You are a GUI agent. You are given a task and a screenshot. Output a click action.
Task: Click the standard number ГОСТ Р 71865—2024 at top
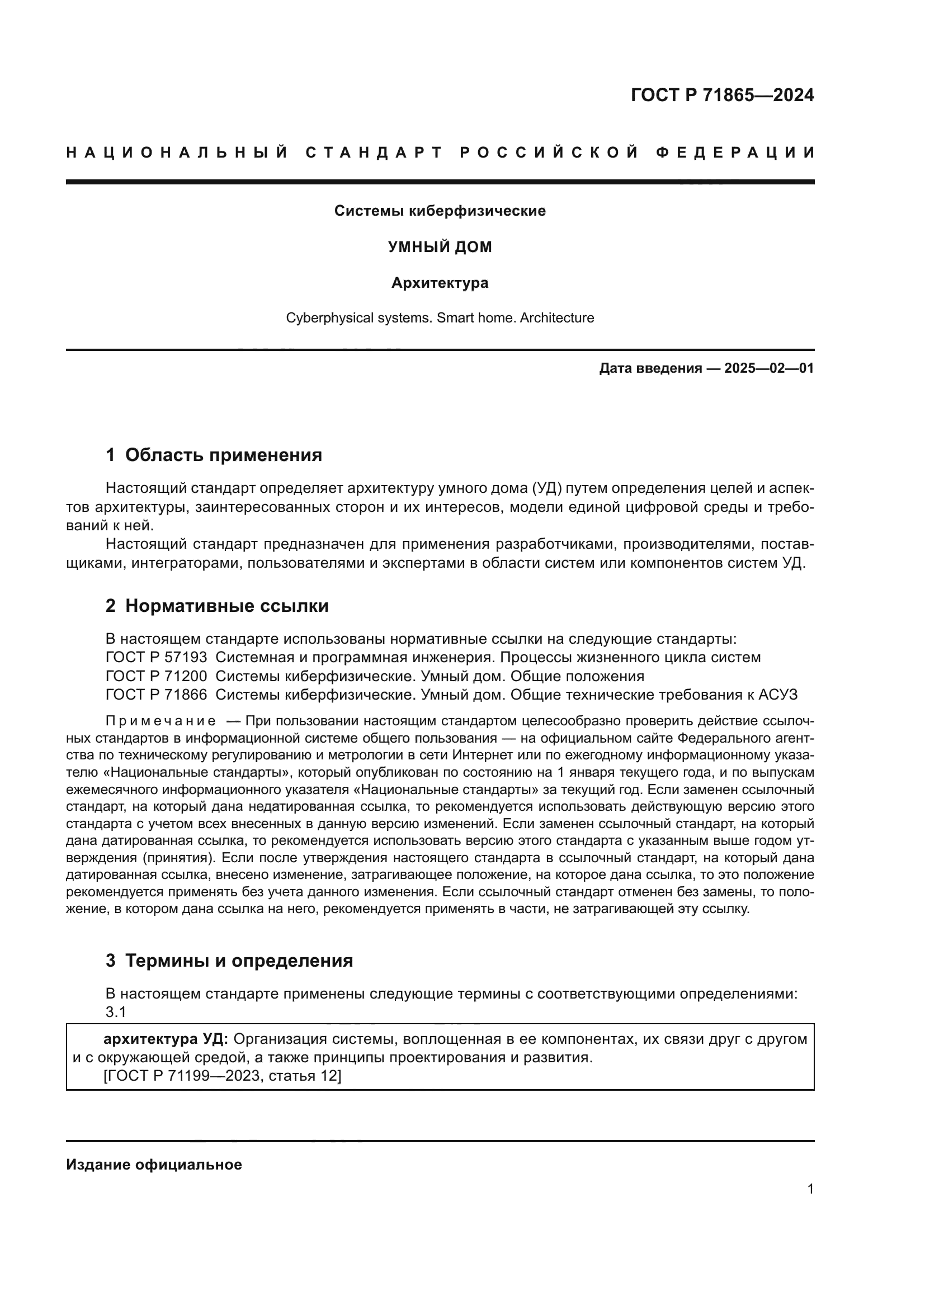tap(721, 95)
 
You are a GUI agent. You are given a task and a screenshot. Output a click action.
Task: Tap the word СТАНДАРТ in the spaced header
tap(374, 153)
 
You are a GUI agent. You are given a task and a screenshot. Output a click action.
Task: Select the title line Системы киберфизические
tap(440, 211)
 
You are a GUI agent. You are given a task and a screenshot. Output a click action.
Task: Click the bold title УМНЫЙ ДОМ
tap(440, 247)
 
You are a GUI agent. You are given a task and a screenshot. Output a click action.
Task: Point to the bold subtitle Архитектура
tap(440, 283)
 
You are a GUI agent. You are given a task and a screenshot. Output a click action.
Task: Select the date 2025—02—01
tap(768, 368)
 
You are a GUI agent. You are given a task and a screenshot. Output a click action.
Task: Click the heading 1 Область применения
tap(214, 455)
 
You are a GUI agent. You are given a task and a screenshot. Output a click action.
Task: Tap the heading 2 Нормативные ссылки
tap(217, 606)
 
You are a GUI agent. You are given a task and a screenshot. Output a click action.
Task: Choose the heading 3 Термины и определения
tap(229, 961)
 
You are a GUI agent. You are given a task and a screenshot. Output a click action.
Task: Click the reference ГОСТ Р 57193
tap(156, 658)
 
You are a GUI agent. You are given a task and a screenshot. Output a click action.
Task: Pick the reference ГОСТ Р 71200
tap(156, 676)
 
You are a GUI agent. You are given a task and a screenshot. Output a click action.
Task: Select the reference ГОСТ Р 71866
tap(156, 695)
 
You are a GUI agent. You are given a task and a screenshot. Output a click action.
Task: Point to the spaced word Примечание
tap(161, 722)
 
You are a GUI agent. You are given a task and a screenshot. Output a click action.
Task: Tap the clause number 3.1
tap(116, 1013)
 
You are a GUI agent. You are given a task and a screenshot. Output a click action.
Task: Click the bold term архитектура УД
tap(166, 1039)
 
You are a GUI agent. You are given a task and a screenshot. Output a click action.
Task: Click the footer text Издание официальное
tap(154, 1165)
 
